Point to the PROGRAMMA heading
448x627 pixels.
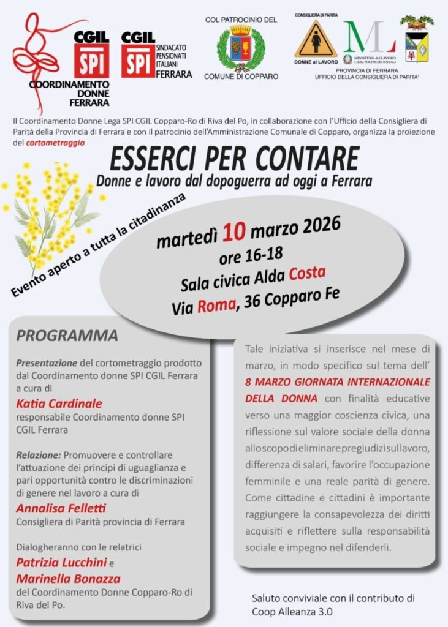[67, 336]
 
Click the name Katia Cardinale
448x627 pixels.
[59, 403]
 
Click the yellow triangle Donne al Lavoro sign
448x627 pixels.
[316, 40]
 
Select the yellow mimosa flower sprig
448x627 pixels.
[52, 208]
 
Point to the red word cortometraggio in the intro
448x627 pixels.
[55, 143]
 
